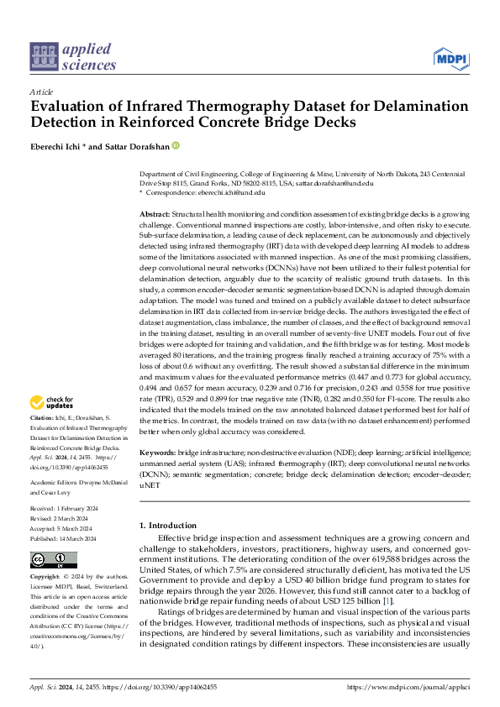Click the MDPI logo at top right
pos(450,58)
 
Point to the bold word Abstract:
pos(154,216)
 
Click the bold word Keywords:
pos(156,453)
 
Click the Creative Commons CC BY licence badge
pos(53,560)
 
